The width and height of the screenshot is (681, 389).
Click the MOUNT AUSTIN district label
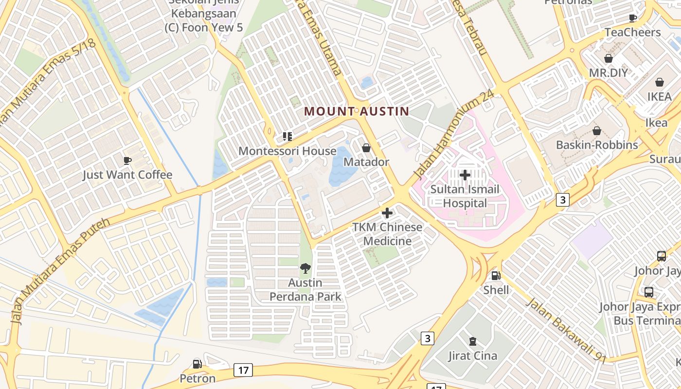(357, 111)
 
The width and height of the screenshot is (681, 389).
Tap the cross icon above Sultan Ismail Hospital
(465, 175)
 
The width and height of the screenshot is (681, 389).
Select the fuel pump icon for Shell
(496, 276)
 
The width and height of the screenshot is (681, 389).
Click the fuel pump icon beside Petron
(197, 364)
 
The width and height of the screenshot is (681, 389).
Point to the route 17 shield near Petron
(243, 370)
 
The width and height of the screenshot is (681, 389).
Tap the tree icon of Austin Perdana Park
(305, 268)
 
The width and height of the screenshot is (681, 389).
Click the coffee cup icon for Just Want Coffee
(127, 160)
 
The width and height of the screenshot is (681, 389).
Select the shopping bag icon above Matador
(366, 147)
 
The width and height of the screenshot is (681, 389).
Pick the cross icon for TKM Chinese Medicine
(387, 213)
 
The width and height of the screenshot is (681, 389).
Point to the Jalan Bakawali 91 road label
(567, 330)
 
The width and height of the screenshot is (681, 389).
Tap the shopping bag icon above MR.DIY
(608, 58)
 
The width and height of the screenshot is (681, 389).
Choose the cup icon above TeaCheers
(632, 18)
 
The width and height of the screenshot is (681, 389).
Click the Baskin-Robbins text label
(597, 145)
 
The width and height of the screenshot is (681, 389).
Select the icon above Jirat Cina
(472, 341)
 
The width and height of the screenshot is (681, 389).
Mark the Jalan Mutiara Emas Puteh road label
(61, 270)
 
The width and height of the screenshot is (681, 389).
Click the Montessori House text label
(287, 151)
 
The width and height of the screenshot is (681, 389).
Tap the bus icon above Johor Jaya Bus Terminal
(648, 292)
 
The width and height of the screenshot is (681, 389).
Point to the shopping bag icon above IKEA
(659, 82)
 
